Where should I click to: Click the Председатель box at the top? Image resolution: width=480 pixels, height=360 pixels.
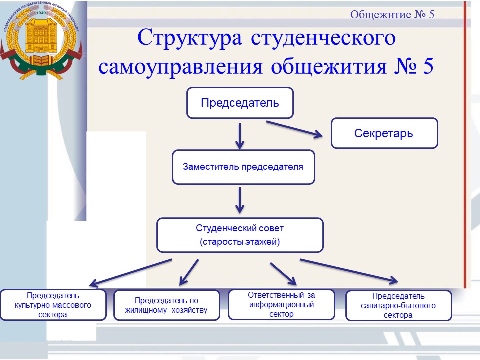coord(240,103)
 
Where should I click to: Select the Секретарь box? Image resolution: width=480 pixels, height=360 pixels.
coord(384,133)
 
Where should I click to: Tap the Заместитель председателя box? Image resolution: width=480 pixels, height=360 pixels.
coord(243,167)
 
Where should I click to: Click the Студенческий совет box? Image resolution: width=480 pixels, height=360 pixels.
coord(240,235)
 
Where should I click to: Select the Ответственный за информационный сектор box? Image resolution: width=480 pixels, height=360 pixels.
coord(281,304)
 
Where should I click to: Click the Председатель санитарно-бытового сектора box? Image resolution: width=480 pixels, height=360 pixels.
coord(398,305)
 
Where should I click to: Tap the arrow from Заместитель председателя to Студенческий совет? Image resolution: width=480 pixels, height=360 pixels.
coord(240,200)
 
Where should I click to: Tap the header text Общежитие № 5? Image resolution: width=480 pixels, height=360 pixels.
coord(392,14)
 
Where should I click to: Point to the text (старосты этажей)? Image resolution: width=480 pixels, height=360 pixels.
coord(240,242)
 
